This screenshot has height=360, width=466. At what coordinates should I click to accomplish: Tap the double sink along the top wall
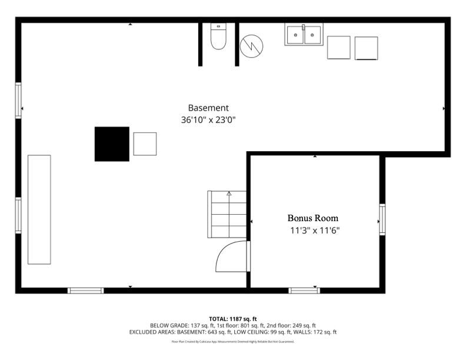[x=304, y=35]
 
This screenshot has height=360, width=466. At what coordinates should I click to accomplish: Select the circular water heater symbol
[x=252, y=45]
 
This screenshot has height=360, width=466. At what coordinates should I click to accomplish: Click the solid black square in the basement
[x=112, y=144]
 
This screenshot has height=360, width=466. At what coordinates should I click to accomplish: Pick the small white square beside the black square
[x=145, y=144]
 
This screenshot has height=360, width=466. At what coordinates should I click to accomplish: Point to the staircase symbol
[x=227, y=214]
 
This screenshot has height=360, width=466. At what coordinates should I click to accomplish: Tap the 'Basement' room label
[x=208, y=108]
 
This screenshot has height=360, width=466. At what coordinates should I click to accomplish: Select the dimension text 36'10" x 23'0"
[x=208, y=120]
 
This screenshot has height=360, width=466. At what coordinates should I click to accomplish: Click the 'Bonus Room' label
[x=312, y=218]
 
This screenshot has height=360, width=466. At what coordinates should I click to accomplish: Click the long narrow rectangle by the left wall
[x=39, y=209]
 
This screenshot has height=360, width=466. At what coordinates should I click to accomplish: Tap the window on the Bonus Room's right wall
[x=382, y=219]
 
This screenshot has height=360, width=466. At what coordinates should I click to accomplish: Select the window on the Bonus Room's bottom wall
[x=304, y=290]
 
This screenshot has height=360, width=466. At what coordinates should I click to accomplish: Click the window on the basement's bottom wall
[x=85, y=290]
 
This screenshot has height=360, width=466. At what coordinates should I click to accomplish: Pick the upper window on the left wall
[x=18, y=101]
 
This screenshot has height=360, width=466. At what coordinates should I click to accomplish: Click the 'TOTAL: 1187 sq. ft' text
[x=233, y=319]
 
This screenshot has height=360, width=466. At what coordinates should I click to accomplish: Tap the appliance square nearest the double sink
[x=338, y=48]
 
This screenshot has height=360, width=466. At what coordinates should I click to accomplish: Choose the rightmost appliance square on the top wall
[x=366, y=48]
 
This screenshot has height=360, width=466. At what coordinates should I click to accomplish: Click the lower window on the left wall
[x=18, y=215]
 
